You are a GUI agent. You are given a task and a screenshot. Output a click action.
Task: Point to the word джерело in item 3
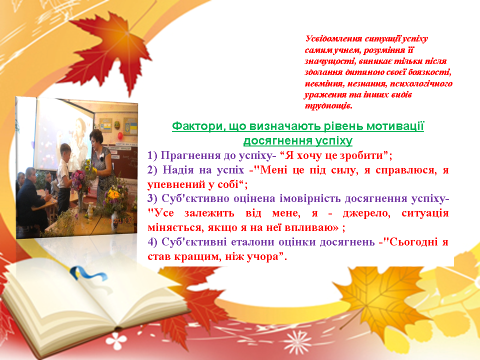(366, 213)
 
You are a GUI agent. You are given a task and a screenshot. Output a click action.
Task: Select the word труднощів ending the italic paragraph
(328, 106)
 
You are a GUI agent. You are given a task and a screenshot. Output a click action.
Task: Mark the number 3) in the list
(152, 198)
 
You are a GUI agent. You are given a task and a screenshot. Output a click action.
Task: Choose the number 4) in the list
(152, 242)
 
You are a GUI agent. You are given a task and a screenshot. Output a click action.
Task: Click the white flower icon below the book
(116, 340)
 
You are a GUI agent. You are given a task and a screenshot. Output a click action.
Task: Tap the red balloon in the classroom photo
(120, 135)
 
